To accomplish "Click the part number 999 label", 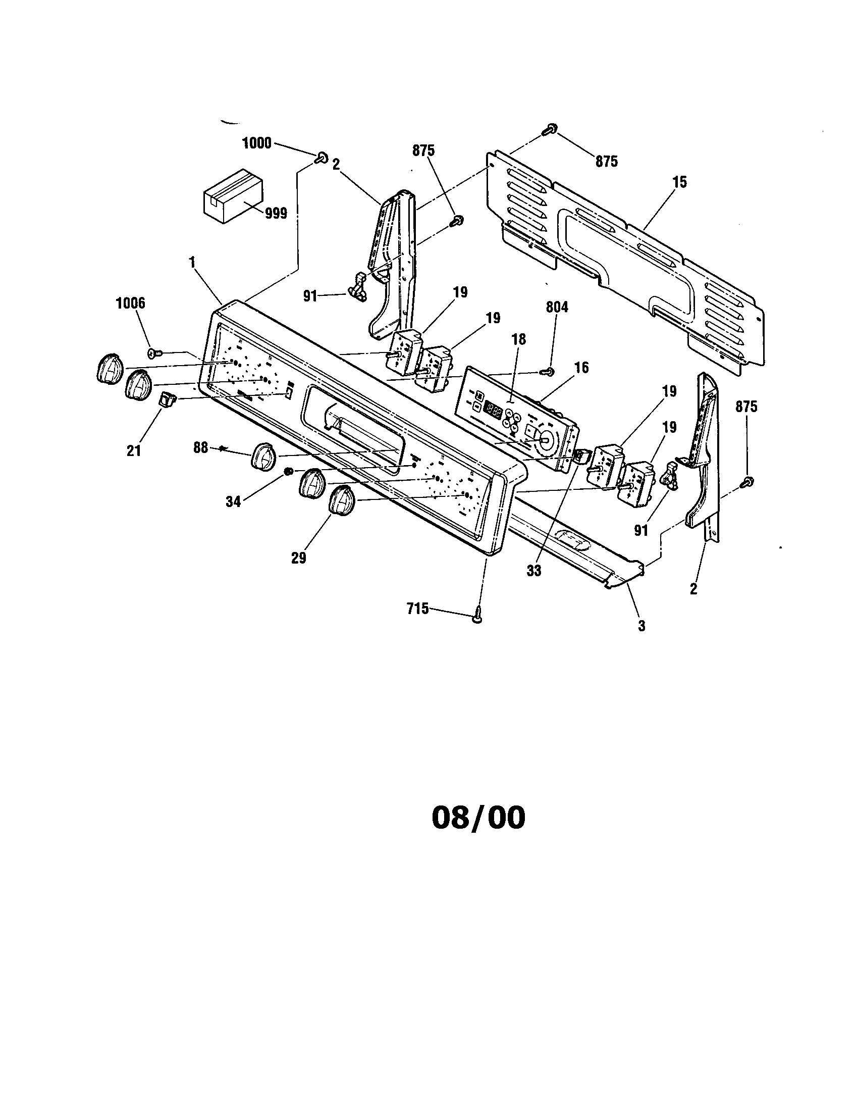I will click(x=276, y=214).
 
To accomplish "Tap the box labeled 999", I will click(x=233, y=195).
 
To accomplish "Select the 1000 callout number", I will click(x=256, y=143).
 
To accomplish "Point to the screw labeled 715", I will click(x=478, y=616).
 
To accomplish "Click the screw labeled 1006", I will click(x=153, y=352).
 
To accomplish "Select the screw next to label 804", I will click(x=547, y=372).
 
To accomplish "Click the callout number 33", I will click(x=533, y=571).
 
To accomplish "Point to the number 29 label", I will click(x=298, y=558).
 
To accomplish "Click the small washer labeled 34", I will click(x=288, y=472).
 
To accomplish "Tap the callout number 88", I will click(x=201, y=447).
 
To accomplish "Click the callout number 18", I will click(x=518, y=339).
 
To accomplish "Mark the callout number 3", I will click(x=641, y=626).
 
